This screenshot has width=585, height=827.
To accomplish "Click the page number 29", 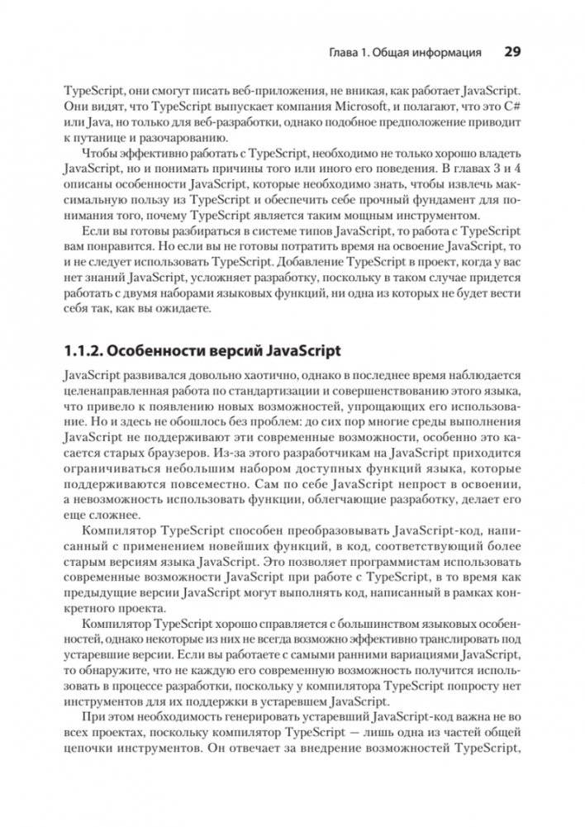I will pyautogui.click(x=511, y=52).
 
